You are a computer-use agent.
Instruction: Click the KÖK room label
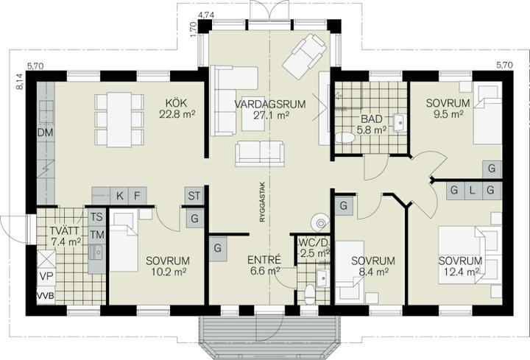(177, 103)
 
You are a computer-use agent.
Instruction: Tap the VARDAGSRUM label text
(270, 104)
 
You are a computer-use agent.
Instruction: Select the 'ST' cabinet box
(194, 196)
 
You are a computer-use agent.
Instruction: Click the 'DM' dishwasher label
(46, 133)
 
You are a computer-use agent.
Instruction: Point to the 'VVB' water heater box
(46, 296)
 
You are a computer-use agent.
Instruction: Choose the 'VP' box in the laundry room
(46, 277)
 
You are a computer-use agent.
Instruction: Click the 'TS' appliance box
(97, 216)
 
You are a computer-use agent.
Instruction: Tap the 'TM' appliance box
(97, 235)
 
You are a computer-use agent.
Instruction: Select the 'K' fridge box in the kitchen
(120, 196)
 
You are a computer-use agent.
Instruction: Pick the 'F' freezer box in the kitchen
(137, 196)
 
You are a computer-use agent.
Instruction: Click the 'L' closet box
(472, 191)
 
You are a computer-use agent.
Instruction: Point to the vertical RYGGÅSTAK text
(263, 202)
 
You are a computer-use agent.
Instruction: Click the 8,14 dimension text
(20, 82)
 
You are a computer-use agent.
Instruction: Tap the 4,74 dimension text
(207, 15)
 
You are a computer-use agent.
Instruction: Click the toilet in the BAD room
(344, 138)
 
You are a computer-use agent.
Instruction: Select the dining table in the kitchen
(119, 120)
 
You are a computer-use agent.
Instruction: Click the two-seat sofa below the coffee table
(260, 153)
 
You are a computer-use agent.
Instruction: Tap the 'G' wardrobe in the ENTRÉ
(218, 248)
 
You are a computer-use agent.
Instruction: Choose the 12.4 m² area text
(459, 271)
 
